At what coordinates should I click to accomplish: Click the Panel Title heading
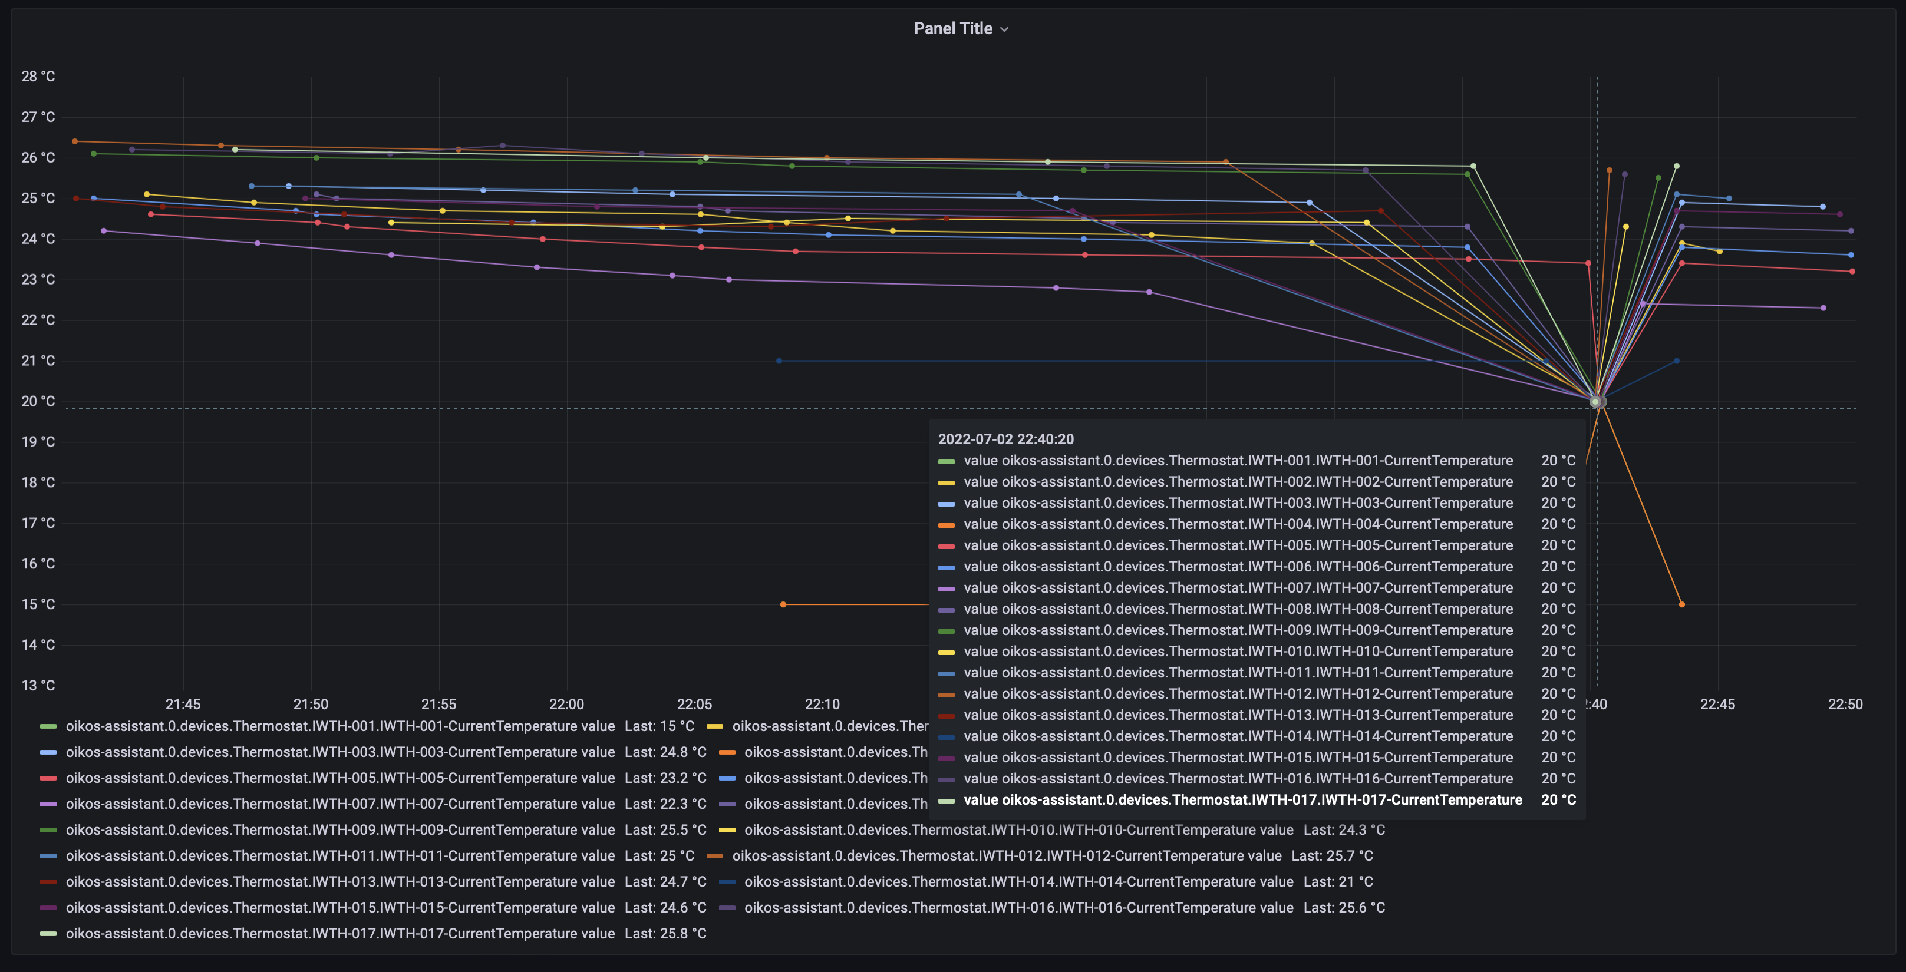pos(952,29)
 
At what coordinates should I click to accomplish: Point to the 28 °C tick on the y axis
pos(38,76)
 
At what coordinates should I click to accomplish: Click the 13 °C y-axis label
pos(38,686)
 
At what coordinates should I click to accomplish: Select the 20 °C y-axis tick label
pos(38,402)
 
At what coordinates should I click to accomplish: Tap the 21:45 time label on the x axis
pos(183,704)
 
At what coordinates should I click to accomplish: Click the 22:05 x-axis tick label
pos(694,704)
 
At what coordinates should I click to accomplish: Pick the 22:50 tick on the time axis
pos(1845,704)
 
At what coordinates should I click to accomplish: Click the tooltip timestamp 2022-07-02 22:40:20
pos(1005,439)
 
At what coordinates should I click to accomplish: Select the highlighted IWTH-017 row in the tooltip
pos(1242,799)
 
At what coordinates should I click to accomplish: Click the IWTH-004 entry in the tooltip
pos(1237,524)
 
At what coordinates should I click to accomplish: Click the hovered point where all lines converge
pos(1596,402)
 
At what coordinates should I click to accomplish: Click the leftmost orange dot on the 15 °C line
pos(783,604)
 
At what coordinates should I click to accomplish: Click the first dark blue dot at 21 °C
pos(779,361)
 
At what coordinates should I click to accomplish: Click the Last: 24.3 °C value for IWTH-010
pos(1344,830)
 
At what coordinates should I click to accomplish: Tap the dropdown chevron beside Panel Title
pos(1004,29)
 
